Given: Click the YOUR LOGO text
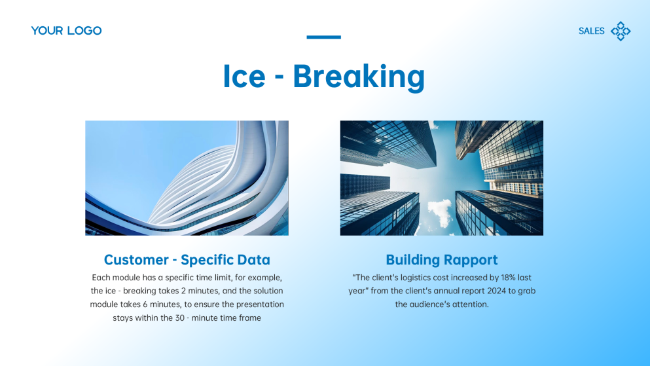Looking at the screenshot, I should (x=66, y=31).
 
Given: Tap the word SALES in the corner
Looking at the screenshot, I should (x=591, y=31).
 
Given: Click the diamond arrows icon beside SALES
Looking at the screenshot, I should (x=621, y=31).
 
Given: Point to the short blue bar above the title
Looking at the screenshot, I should (x=323, y=37).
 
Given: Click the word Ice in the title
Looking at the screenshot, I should (x=244, y=76).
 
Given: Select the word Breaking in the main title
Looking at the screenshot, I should (x=359, y=76).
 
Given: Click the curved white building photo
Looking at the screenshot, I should (x=187, y=177).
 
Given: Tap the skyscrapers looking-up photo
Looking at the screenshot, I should (x=441, y=177).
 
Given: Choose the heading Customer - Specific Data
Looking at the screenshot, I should (x=187, y=260).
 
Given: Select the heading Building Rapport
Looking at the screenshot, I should (x=441, y=260).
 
